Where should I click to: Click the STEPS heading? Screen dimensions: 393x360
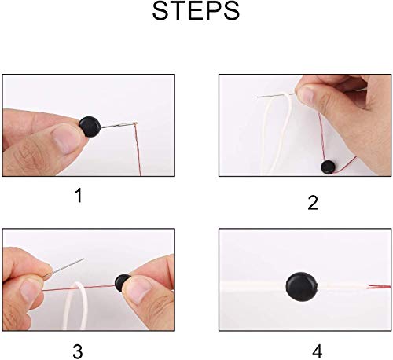pyautogui.click(x=196, y=11)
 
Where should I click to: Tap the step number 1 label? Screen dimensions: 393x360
pyautogui.click(x=79, y=196)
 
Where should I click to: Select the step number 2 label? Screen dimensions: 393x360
pyautogui.click(x=313, y=203)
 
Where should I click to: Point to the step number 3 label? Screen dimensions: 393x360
pyautogui.click(x=78, y=351)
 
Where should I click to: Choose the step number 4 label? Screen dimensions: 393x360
pyautogui.click(x=318, y=351)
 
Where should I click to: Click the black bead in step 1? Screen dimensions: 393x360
pyautogui.click(x=90, y=127)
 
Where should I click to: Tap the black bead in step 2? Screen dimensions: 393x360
pyautogui.click(x=328, y=167)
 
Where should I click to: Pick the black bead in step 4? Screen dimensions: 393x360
pyautogui.click(x=302, y=287)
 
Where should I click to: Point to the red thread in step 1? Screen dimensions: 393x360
pyautogui.click(x=138, y=149)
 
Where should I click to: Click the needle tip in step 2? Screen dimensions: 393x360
pyautogui.click(x=257, y=97)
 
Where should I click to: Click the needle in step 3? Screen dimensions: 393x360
pyautogui.click(x=64, y=268)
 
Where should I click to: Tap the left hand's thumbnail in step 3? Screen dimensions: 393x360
pyautogui.click(x=29, y=292)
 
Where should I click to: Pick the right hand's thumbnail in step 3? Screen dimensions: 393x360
pyautogui.click(x=139, y=289)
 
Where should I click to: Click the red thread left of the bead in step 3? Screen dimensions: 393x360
pyautogui.click(x=79, y=288)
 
